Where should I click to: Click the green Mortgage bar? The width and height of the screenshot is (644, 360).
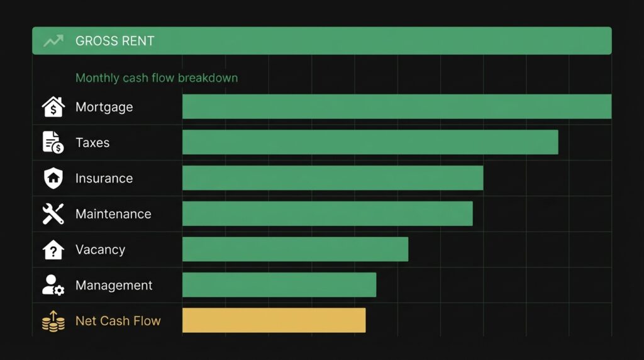(396, 106)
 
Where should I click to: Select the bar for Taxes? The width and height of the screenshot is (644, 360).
(370, 142)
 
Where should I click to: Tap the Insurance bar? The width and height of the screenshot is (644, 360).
(333, 178)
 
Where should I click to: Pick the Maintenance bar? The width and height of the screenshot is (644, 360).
(327, 213)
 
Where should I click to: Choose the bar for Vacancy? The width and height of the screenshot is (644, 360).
(295, 249)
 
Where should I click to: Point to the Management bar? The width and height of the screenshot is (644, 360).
(279, 285)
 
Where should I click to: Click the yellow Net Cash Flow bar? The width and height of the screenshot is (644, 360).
(274, 320)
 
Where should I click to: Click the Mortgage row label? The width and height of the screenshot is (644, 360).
(104, 107)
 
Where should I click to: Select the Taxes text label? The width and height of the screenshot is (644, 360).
(92, 143)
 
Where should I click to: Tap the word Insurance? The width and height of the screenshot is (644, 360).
(104, 178)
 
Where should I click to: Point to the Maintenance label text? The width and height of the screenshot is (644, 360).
(113, 214)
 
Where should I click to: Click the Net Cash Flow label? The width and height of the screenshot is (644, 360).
(118, 321)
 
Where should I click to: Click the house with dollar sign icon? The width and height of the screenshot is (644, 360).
(53, 107)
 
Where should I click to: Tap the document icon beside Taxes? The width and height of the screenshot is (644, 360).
(53, 143)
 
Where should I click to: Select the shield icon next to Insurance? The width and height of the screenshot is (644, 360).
(53, 178)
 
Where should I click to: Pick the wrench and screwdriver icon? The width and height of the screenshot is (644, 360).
(53, 214)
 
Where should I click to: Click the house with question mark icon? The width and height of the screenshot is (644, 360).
(53, 250)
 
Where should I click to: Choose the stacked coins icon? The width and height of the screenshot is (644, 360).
(53, 321)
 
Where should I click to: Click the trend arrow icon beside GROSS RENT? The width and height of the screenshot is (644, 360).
(53, 41)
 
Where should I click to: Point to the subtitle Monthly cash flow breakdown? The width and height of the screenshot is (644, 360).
(157, 78)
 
